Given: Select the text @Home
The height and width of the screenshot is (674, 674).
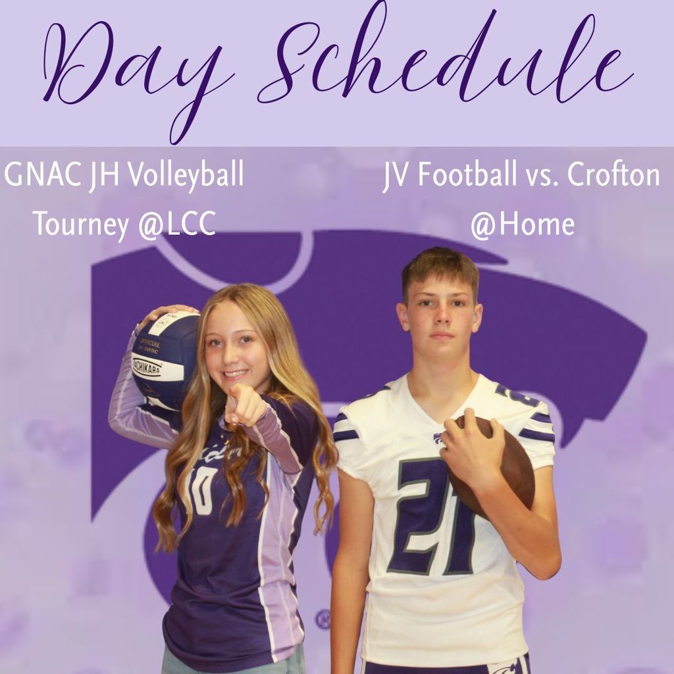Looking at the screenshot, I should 522,224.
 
